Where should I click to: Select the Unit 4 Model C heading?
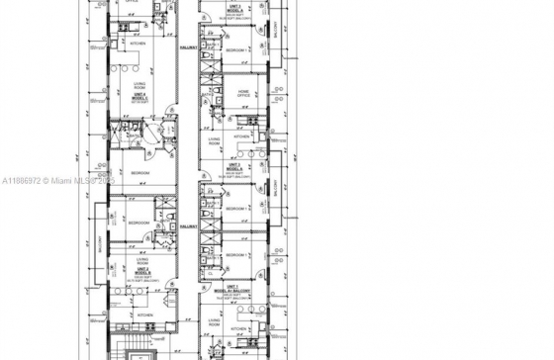tap(142, 97)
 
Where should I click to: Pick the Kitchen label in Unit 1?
tap(238, 328)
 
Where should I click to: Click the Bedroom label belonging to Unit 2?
tap(138, 224)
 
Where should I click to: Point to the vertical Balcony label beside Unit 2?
tap(97, 243)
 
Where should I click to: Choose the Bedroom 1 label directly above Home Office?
tap(237, 49)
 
